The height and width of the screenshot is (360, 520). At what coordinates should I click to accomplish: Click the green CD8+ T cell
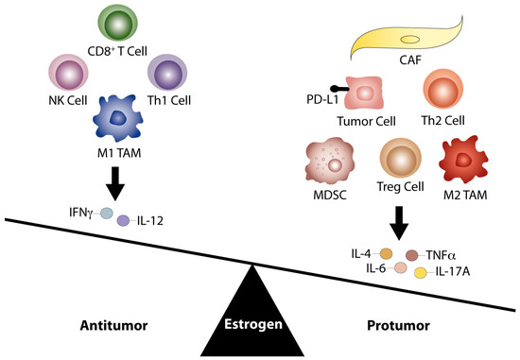tap(118, 24)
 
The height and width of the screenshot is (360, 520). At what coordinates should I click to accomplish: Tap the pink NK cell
tap(68, 73)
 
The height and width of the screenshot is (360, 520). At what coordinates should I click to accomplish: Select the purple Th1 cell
tap(167, 73)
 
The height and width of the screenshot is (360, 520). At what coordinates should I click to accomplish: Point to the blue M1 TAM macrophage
tap(118, 118)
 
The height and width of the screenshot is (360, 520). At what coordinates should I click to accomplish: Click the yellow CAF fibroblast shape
tap(407, 39)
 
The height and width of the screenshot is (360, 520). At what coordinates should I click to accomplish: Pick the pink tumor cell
tap(364, 93)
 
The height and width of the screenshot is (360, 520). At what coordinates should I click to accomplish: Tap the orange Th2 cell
tap(442, 89)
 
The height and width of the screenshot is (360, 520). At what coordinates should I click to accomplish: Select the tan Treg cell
tap(401, 159)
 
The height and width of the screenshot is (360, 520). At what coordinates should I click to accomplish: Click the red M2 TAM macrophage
tap(463, 160)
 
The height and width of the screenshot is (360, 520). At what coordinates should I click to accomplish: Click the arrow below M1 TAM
tap(115, 183)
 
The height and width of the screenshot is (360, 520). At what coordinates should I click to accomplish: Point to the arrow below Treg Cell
tap(399, 223)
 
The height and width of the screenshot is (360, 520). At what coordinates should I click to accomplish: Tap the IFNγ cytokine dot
tap(107, 214)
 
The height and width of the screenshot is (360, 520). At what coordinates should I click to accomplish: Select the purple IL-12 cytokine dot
tap(123, 220)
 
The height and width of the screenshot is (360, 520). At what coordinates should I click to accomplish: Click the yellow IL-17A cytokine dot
tap(421, 273)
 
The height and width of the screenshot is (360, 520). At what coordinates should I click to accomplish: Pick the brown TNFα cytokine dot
tap(412, 255)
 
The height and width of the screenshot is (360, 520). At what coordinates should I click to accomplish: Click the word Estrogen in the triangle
tap(253, 324)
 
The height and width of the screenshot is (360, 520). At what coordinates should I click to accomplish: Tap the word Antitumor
tap(113, 326)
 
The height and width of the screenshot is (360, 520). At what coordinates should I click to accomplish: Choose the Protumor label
tap(398, 326)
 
